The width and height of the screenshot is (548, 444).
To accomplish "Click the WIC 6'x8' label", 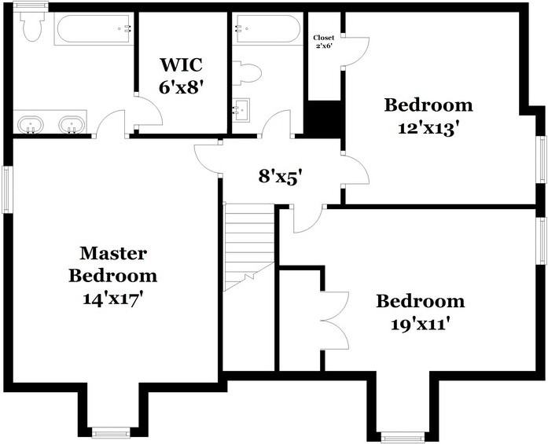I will pos(182,75).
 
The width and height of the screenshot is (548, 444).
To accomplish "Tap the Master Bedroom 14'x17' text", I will pos(112,275).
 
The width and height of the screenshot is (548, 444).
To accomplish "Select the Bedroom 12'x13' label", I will pos(428,116).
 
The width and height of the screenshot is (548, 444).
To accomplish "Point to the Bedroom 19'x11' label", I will pos(420,311).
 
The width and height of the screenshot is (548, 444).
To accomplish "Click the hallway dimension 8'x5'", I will pos(281,177).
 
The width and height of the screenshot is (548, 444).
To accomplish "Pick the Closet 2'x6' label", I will pos(324,41).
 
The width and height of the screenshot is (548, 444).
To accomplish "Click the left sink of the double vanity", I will pos(31,124).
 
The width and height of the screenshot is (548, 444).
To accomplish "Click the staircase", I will pos(248,244).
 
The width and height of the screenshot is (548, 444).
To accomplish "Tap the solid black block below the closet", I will pos(322,119).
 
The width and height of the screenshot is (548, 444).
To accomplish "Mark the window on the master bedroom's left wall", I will pos(6,189).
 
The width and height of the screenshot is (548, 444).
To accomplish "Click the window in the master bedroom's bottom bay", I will pos(110,431).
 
